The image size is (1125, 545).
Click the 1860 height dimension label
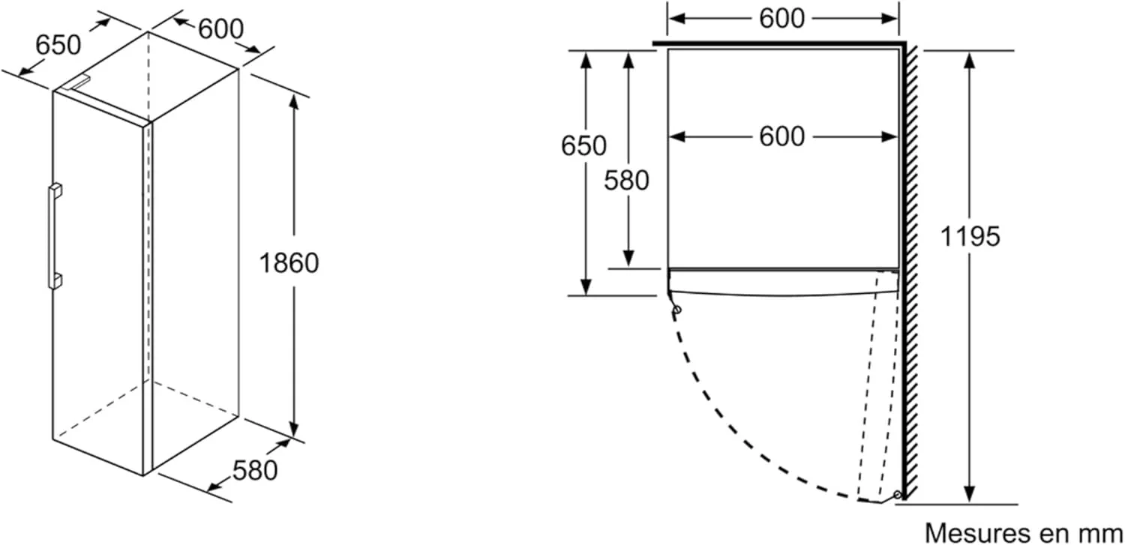click(x=289, y=263)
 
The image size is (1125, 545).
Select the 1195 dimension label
click(x=970, y=236)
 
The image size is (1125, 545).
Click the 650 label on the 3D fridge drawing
click(x=58, y=45)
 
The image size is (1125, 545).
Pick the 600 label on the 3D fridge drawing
click(x=221, y=28)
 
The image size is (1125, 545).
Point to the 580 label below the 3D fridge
click(x=255, y=471)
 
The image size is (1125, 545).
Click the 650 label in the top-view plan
click(x=583, y=146)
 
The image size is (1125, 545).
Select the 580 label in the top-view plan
click(x=626, y=181)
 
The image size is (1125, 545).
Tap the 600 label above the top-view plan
click(x=782, y=19)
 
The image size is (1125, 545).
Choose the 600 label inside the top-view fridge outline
click(x=782, y=136)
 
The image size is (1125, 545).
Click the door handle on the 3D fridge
click(x=55, y=236)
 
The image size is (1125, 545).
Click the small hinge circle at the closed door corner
click(x=677, y=310)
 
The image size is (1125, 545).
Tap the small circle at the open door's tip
click(x=898, y=494)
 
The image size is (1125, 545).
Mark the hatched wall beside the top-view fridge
click(x=910, y=271)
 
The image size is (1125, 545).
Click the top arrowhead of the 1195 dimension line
click(x=970, y=60)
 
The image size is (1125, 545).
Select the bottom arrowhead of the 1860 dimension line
click(x=294, y=428)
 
